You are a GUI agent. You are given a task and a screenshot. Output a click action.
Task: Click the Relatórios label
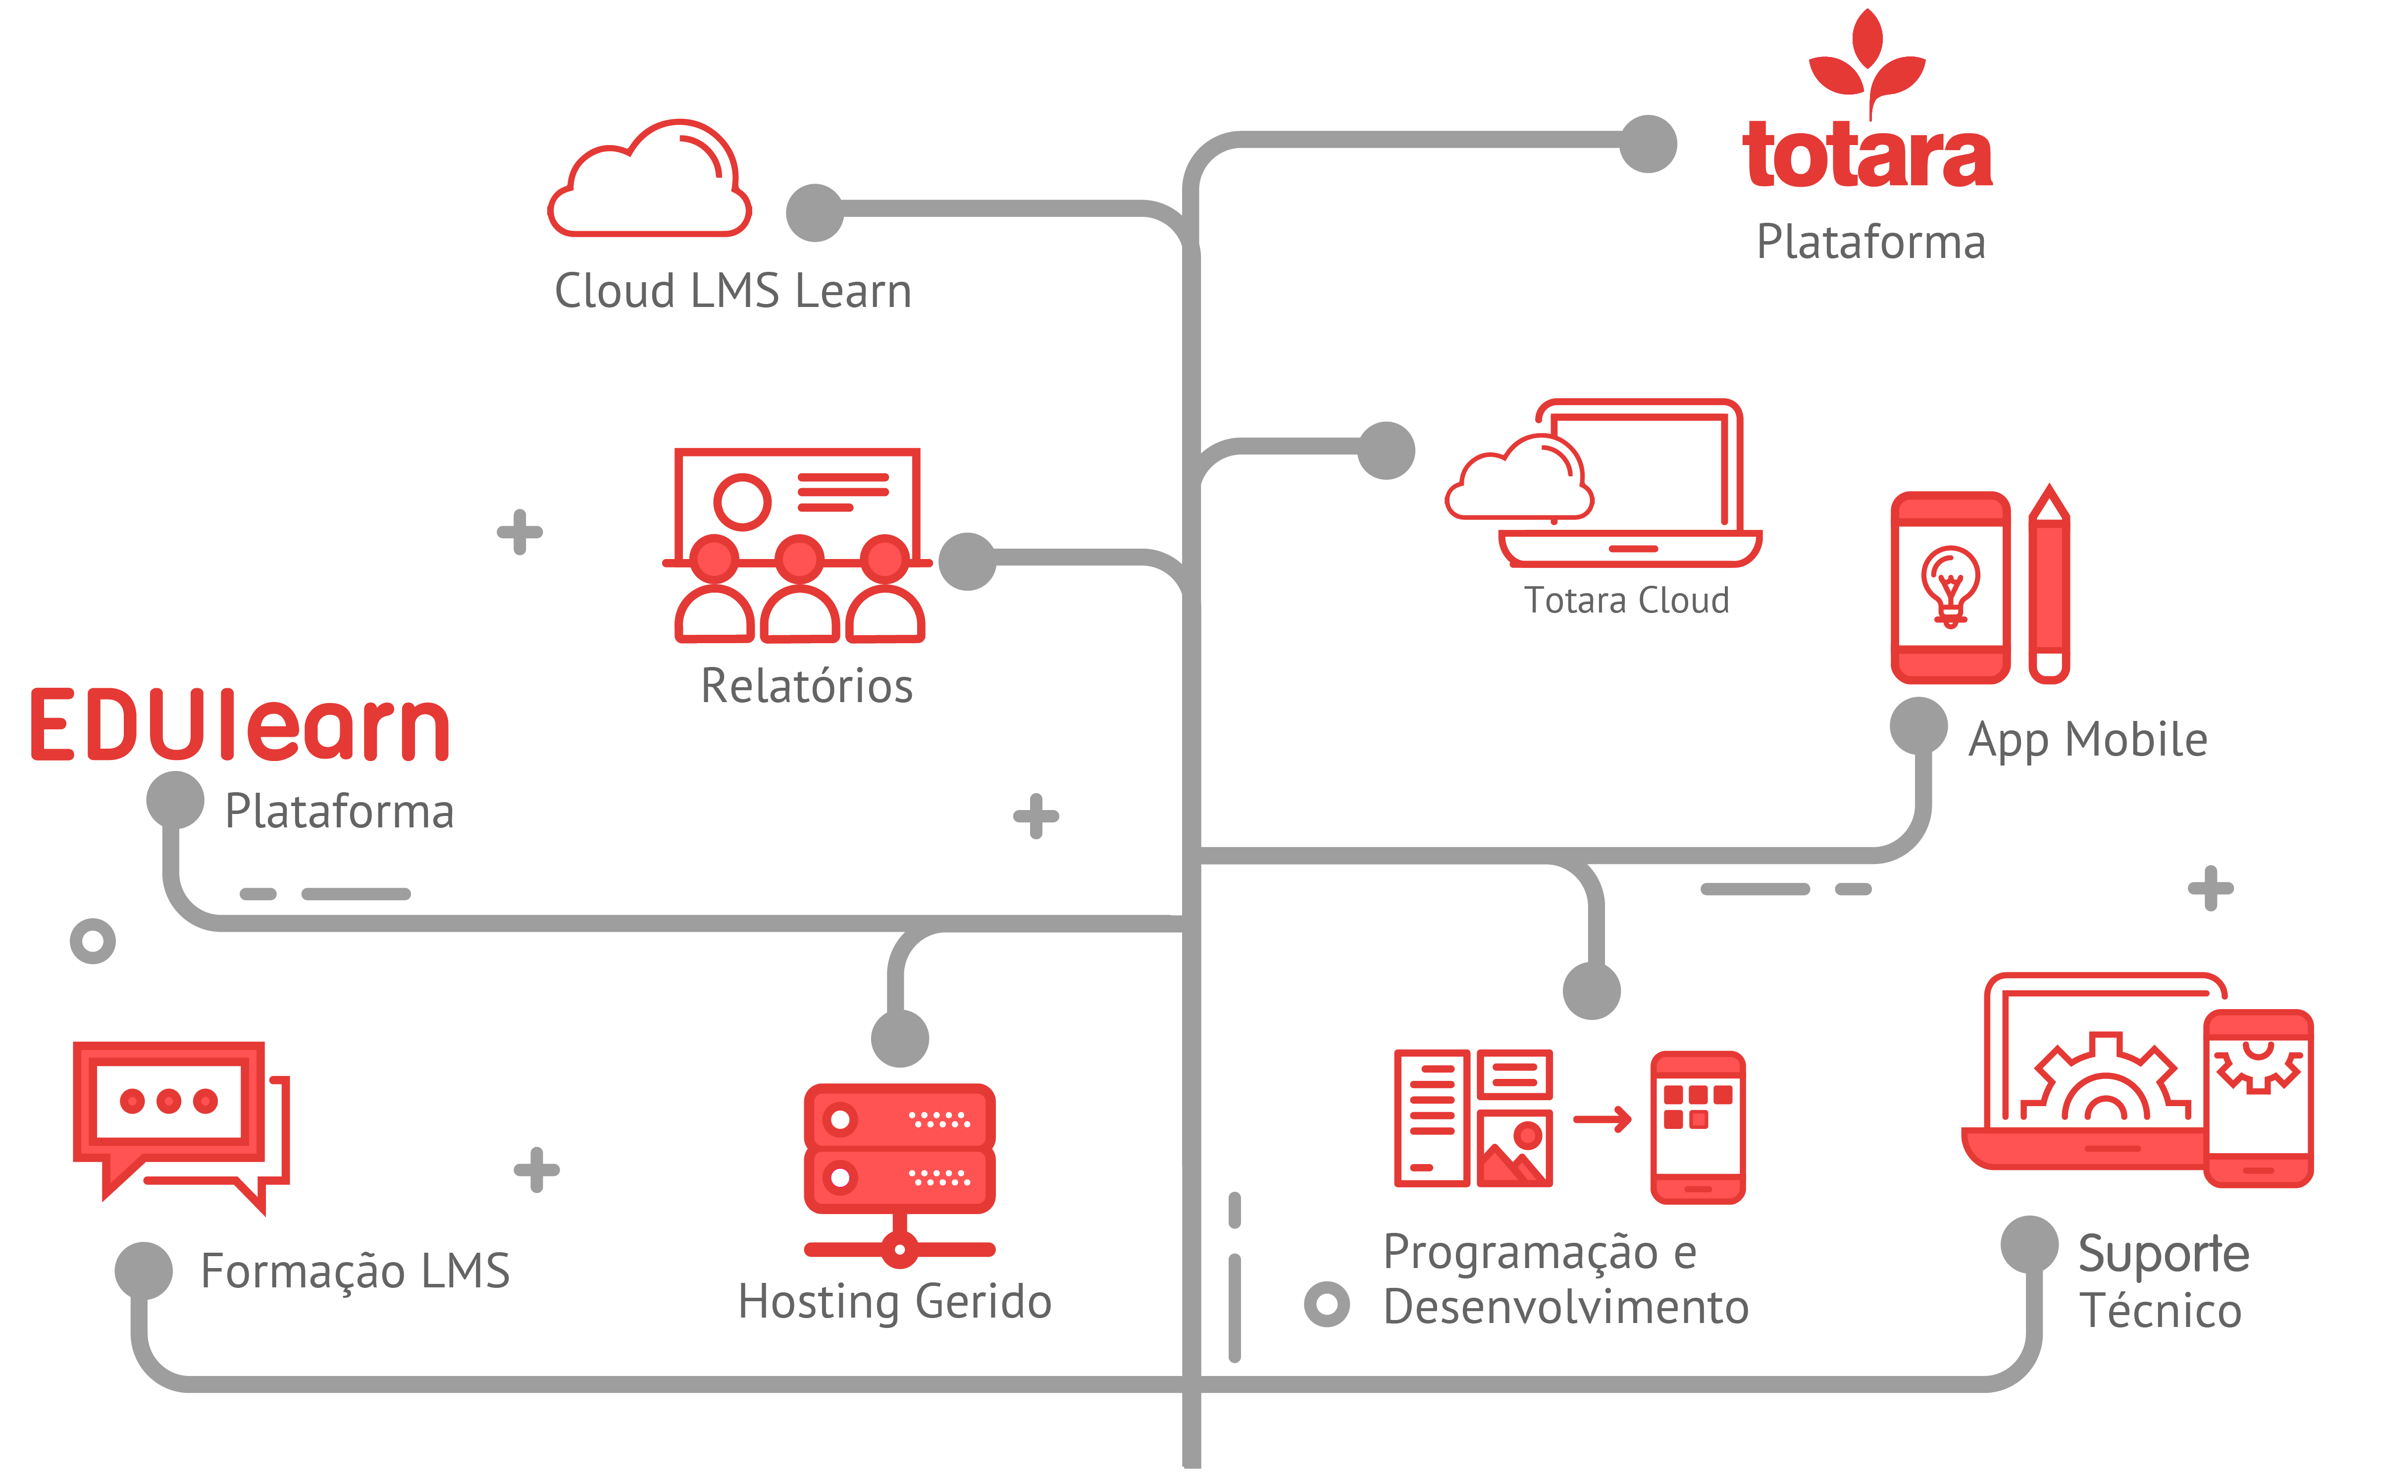point(806,686)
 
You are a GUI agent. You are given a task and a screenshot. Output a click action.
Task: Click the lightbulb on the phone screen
point(1950,584)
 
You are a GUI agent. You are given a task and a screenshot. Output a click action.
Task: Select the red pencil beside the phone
point(2049,586)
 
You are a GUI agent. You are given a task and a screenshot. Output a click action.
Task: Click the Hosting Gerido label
point(894,1301)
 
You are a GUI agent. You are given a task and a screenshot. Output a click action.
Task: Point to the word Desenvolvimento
point(1565,1307)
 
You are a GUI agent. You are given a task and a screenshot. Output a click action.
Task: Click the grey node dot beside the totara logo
point(1648,144)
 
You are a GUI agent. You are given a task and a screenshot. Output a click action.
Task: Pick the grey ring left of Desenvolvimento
point(1326,1304)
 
